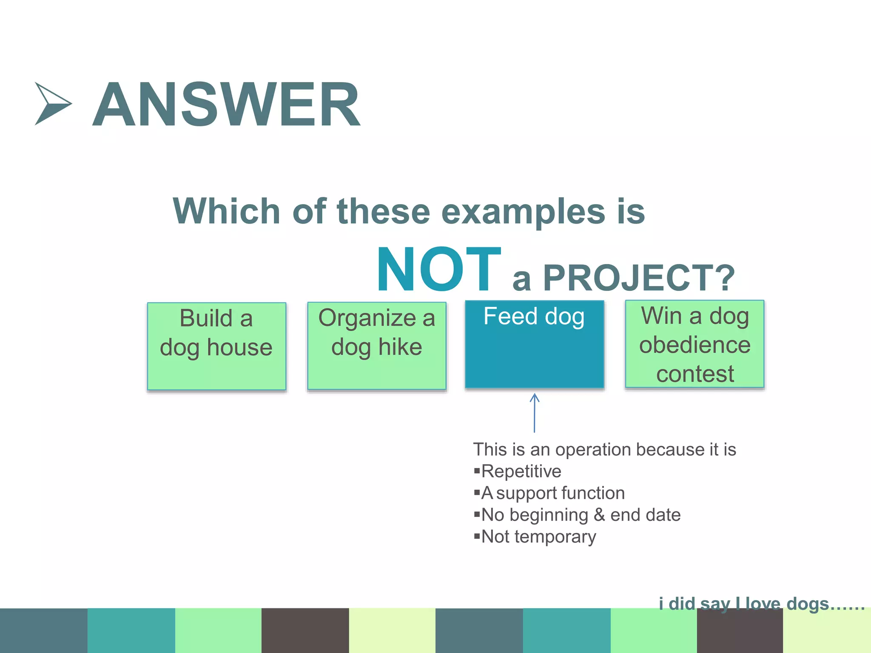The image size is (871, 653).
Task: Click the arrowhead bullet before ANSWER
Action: [52, 104]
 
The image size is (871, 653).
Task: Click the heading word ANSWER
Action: [226, 105]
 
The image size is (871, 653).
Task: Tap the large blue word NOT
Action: [438, 270]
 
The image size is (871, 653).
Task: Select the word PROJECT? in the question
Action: [639, 278]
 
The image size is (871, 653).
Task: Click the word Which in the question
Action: [226, 211]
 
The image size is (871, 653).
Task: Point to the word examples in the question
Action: [523, 211]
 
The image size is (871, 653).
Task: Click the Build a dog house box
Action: [216, 346]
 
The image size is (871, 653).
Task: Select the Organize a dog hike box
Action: [377, 346]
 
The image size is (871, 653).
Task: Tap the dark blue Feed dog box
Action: [535, 344]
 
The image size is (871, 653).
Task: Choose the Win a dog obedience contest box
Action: [695, 344]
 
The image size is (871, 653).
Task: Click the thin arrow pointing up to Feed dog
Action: [535, 412]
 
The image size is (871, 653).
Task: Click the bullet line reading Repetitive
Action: [521, 471]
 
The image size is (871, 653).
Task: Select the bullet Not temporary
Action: [538, 537]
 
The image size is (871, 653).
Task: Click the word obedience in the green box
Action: [695, 345]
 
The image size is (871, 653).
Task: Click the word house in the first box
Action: [239, 347]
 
